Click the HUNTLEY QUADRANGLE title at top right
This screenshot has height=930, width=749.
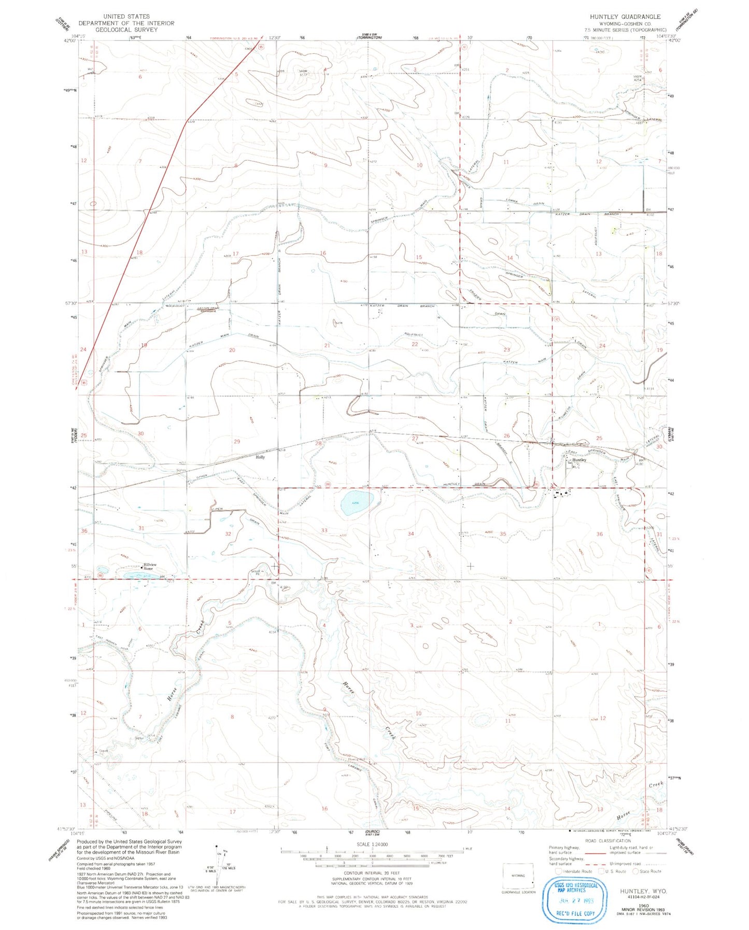625,17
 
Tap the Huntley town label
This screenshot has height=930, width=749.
579,460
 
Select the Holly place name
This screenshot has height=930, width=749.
260,457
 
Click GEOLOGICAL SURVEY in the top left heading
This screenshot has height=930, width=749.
126,30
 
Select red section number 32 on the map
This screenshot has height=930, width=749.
228,533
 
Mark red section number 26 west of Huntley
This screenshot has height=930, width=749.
506,436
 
